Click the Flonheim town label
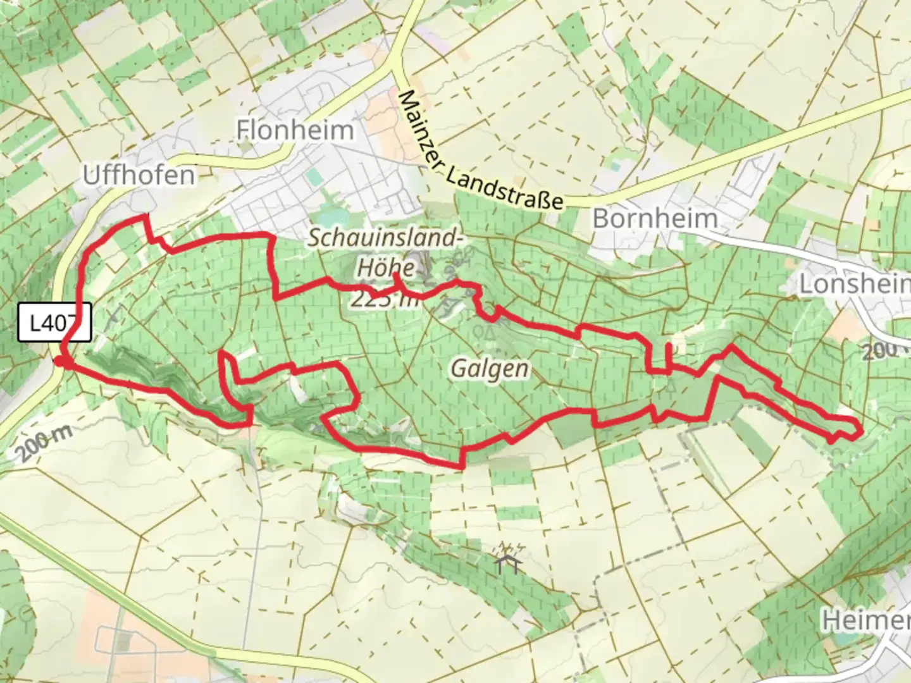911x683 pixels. pyautogui.click(x=295, y=130)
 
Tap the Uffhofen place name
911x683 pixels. pyautogui.click(x=139, y=175)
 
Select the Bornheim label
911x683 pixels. pyautogui.click(x=655, y=219)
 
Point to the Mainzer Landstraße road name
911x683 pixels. pyautogui.click(x=481, y=152)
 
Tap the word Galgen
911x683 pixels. pyautogui.click(x=489, y=367)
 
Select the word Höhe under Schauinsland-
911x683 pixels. pyautogui.click(x=386, y=267)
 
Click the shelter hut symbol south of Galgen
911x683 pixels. pyautogui.click(x=509, y=559)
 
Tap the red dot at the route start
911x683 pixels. pyautogui.click(x=59, y=360)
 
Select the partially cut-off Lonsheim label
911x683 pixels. pyautogui.click(x=854, y=284)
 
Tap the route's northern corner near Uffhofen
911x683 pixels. pyautogui.click(x=145, y=217)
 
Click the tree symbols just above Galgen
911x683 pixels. pyautogui.click(x=487, y=331)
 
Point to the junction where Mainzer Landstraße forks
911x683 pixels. pyautogui.click(x=397, y=68)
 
